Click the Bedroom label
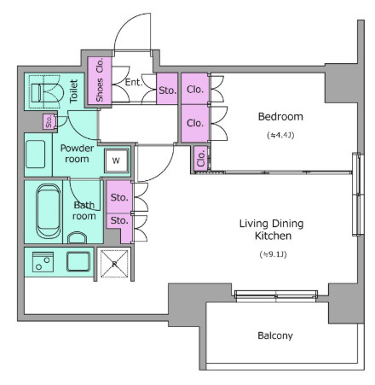tap(280, 117)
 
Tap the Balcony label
tap(275, 335)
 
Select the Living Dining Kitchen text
tap(272, 230)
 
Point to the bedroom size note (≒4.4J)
tap(280, 135)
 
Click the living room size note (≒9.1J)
tap(273, 254)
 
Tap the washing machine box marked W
tap(116, 160)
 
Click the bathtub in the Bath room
tap(49, 211)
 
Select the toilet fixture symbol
tap(45, 92)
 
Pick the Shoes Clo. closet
tap(100, 80)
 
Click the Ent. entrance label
tap(133, 83)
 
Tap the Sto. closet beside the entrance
tap(167, 89)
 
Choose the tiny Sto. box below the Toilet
tap(49, 121)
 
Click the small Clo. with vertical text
tap(200, 159)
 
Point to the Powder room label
tap(77, 154)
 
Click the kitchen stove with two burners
tap(43, 262)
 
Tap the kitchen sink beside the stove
tap(78, 261)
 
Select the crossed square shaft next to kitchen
tap(114, 264)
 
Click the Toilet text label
tap(73, 91)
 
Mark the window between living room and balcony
tap(276, 295)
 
